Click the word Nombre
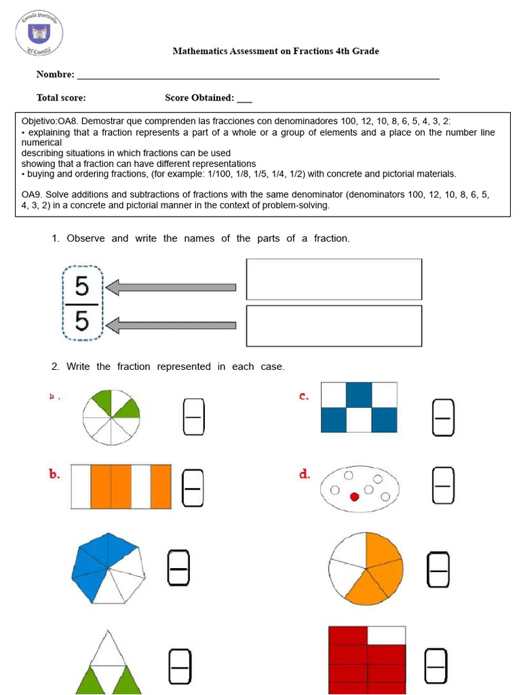pos(55,74)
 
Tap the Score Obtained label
pos(199,98)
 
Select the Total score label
pos(61,98)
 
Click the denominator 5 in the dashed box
pos(82,320)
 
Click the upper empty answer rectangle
pos(334,279)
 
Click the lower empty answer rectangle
pos(334,326)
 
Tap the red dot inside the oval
pos(354,497)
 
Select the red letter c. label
pos(305,396)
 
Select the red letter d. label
pos(305,474)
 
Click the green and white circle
pos(111,417)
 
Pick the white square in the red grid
pos(387,635)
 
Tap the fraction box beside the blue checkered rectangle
pos(443,417)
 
